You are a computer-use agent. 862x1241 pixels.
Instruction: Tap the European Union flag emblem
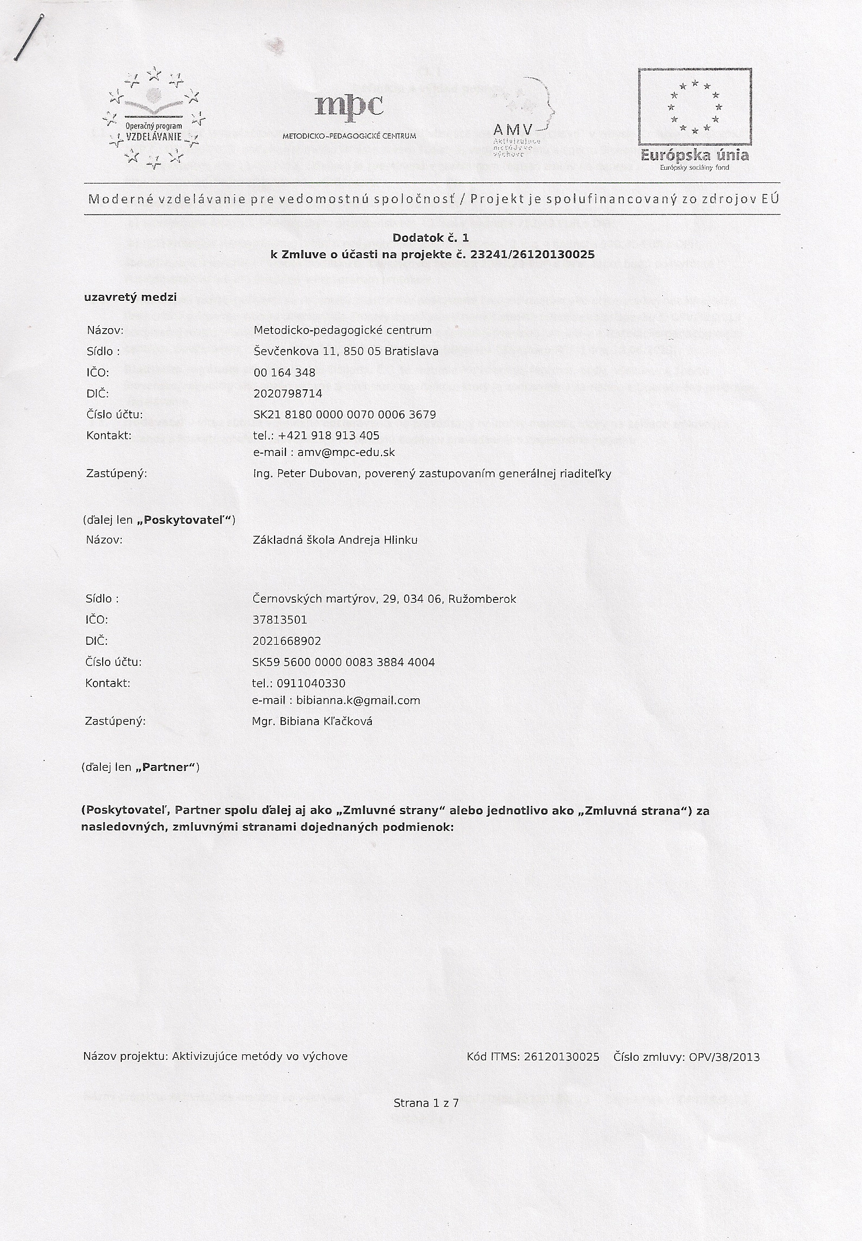[x=694, y=107]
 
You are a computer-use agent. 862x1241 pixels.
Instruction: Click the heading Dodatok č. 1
[x=431, y=238]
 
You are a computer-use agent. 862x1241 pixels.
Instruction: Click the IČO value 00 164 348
[x=284, y=372]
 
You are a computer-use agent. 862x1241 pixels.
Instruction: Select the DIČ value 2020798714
[x=288, y=394]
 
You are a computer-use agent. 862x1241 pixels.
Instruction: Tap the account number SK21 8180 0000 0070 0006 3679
[x=344, y=415]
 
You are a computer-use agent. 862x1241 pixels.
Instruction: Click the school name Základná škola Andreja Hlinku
[x=335, y=540]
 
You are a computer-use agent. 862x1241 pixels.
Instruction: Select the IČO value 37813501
[x=280, y=620]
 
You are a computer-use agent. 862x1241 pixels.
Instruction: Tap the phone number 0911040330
[x=311, y=684]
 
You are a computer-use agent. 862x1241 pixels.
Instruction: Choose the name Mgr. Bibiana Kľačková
[x=312, y=721]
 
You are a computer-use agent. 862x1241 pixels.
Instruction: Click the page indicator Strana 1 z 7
[x=426, y=1103]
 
